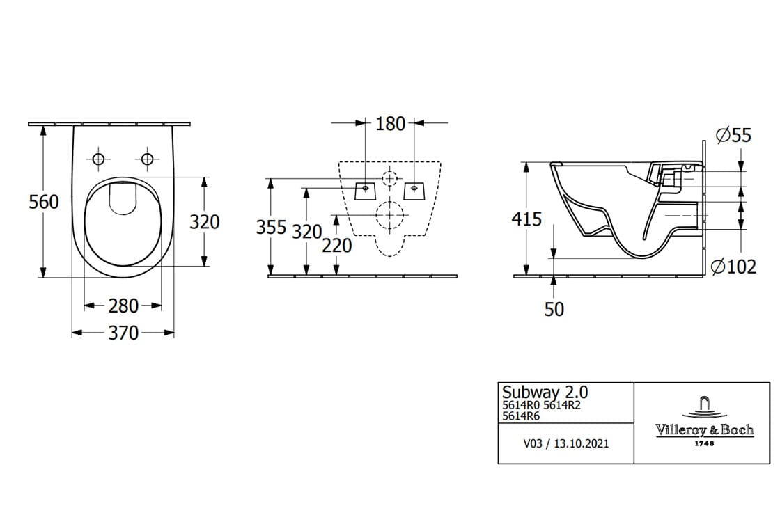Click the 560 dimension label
tap(44, 202)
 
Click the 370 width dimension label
tap(123, 333)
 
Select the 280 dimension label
tap(123, 306)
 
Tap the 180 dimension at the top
tap(390, 124)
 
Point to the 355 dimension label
tap(271, 228)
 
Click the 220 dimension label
tap(336, 246)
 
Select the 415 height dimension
tap(526, 219)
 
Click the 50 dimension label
tap(554, 309)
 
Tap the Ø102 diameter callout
tap(733, 267)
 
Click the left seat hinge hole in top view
tap(98, 159)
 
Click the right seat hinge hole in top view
tap(147, 159)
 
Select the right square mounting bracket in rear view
tap(414, 189)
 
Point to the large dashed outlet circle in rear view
tap(390, 215)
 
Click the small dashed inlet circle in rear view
tap(390, 177)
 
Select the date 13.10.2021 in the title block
tap(582, 443)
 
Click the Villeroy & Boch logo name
tap(704, 430)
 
